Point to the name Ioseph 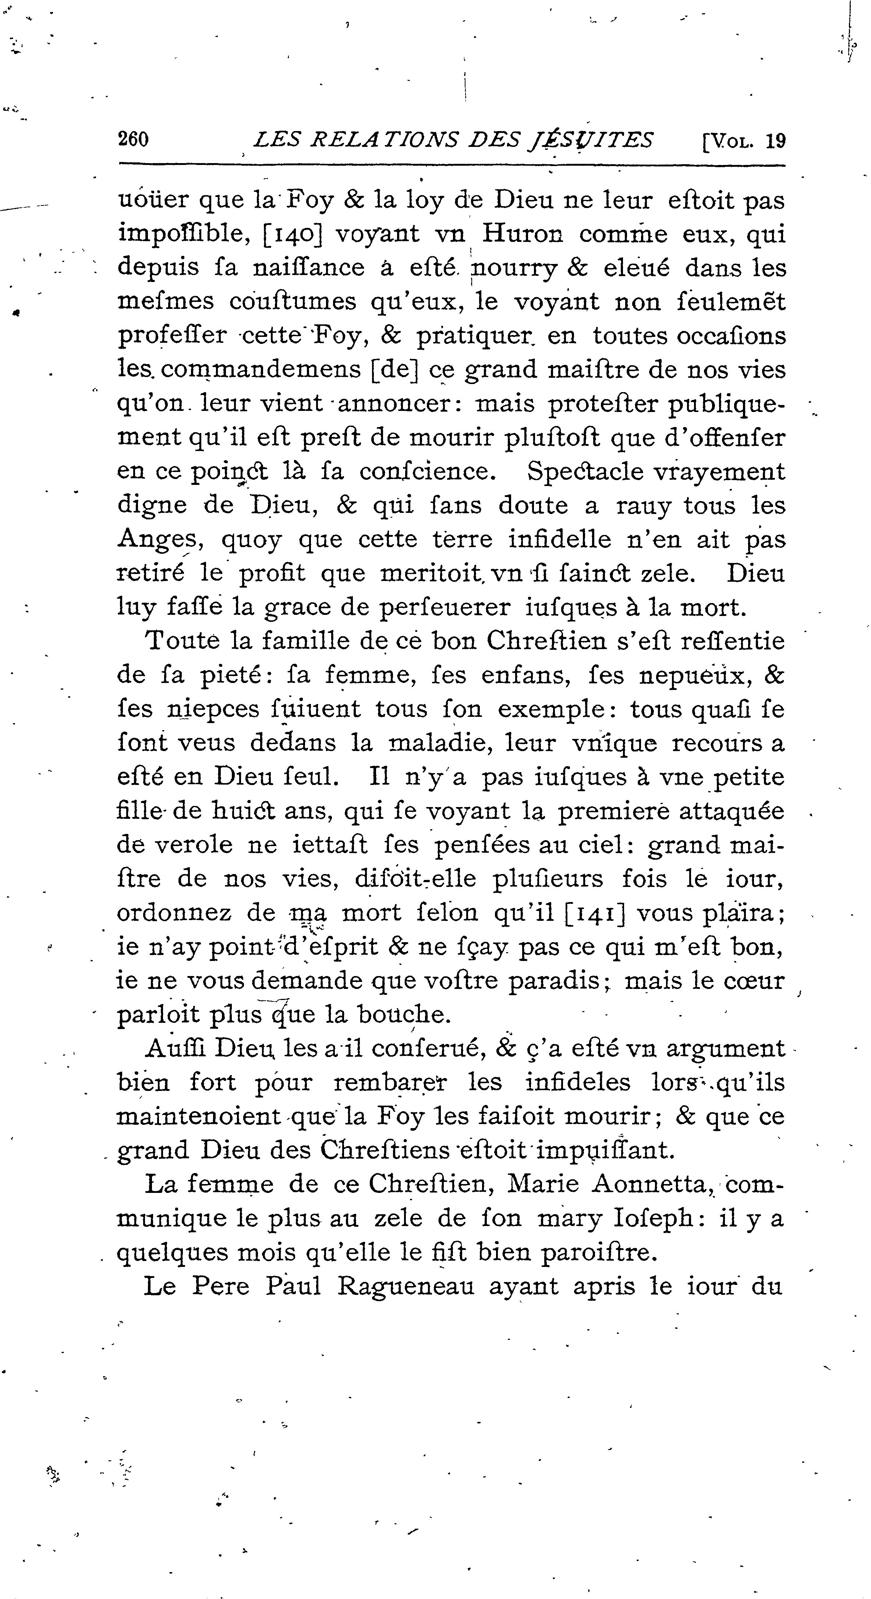pyautogui.click(x=651, y=1219)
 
